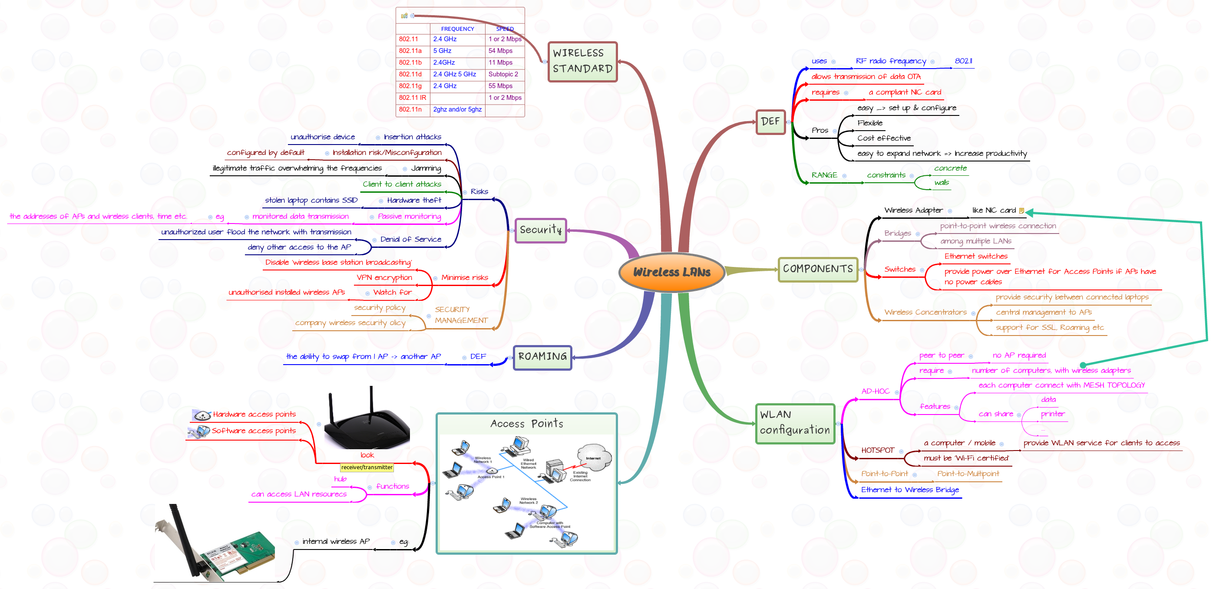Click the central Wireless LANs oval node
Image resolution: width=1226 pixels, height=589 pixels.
click(671, 272)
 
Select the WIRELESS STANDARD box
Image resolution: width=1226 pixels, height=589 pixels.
click(582, 61)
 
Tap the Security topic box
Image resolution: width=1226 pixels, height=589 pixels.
click(540, 230)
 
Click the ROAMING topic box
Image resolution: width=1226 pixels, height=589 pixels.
click(542, 357)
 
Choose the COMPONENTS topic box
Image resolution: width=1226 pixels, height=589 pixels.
click(817, 269)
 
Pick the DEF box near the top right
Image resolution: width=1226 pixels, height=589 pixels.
click(770, 122)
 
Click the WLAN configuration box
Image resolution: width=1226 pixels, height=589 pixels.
click(794, 423)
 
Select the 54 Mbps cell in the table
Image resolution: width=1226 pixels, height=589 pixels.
click(500, 51)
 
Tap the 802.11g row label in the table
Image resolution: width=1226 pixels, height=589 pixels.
click(410, 86)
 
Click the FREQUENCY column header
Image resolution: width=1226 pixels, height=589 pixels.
click(457, 29)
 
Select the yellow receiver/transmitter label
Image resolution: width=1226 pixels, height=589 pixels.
click(367, 467)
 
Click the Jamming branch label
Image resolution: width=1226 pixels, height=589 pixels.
click(426, 168)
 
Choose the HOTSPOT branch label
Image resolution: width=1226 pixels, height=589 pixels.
click(877, 450)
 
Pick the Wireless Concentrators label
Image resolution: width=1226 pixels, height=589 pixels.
click(925, 313)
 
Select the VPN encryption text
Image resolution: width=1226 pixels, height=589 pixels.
click(384, 278)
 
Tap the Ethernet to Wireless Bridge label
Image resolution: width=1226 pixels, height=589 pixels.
click(909, 490)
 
